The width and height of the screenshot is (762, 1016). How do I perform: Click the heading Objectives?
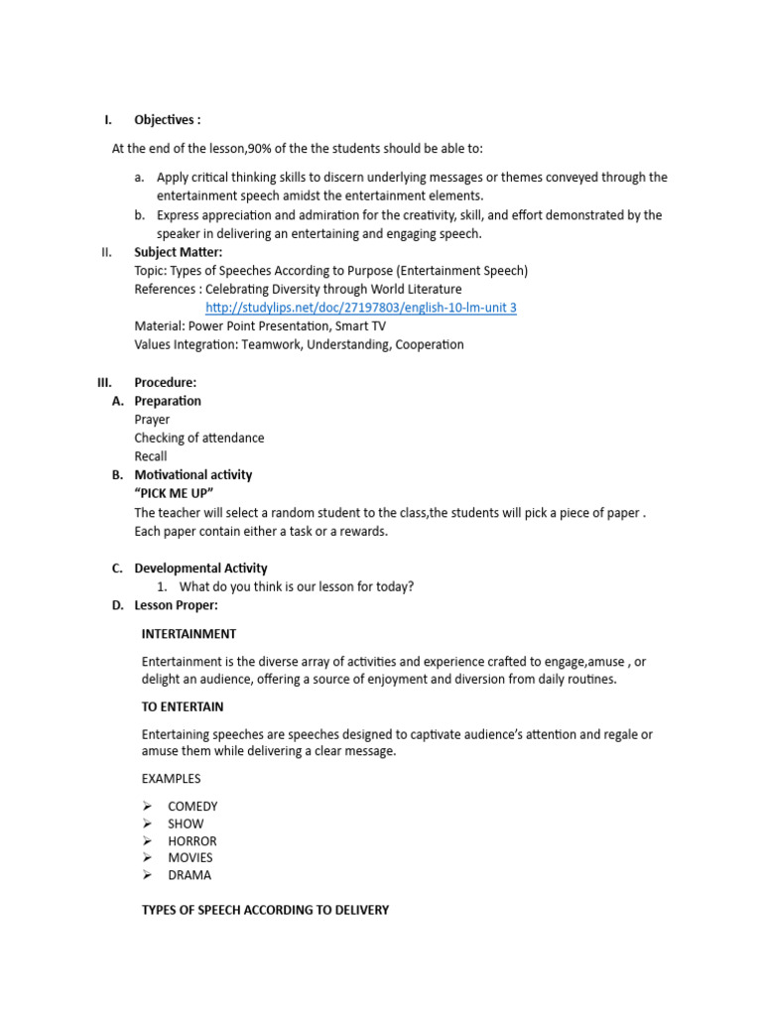[x=167, y=120]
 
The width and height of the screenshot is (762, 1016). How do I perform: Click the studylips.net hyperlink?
[x=360, y=308]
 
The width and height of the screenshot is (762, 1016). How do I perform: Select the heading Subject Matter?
[x=178, y=252]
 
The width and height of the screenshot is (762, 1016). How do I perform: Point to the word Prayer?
[x=152, y=420]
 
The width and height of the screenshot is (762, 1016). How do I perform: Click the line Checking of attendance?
[x=198, y=438]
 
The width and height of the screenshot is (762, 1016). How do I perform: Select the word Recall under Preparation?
[x=151, y=456]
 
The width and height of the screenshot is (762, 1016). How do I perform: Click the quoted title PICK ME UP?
[x=174, y=493]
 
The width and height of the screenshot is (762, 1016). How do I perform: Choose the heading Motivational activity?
[x=192, y=474]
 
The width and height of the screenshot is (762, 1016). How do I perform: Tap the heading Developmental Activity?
[x=200, y=569]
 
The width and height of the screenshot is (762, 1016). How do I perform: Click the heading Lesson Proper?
[x=176, y=605]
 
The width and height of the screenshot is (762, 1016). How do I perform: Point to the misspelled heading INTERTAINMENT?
[x=189, y=633]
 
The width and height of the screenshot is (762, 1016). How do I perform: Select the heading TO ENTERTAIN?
[x=183, y=706]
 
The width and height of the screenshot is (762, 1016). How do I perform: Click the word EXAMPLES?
[x=172, y=779]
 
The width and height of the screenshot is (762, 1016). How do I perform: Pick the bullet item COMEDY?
[x=192, y=807]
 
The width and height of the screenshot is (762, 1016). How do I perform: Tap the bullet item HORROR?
[x=191, y=840]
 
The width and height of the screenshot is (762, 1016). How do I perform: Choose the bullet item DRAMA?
[x=189, y=875]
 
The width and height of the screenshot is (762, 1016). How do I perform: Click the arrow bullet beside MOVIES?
[x=148, y=857]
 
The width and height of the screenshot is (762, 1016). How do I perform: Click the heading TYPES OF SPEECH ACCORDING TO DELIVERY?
[x=265, y=909]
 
